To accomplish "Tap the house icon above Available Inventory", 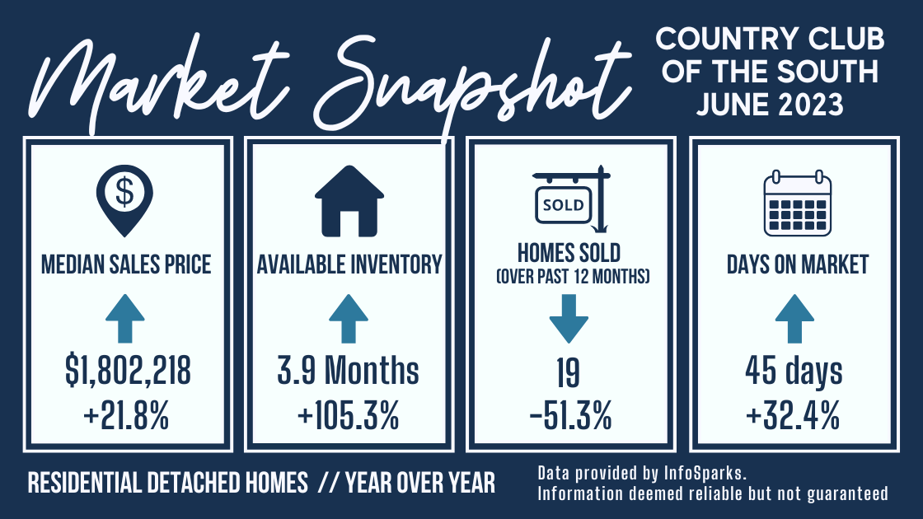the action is pyautogui.click(x=349, y=201).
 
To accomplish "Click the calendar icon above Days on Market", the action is pyautogui.click(x=798, y=203).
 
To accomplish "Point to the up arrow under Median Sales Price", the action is pyautogui.click(x=124, y=318).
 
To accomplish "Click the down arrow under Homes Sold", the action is pyautogui.click(x=569, y=319).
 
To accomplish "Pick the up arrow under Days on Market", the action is pyautogui.click(x=794, y=318).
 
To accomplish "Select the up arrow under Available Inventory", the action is pyautogui.click(x=349, y=318).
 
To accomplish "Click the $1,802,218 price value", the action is pyautogui.click(x=128, y=372).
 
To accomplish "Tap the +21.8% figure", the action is pyautogui.click(x=126, y=415).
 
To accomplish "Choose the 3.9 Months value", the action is pyautogui.click(x=348, y=371).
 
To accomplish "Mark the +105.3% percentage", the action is pyautogui.click(x=349, y=415).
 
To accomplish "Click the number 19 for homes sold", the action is pyautogui.click(x=568, y=372).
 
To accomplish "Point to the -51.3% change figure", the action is pyautogui.click(x=570, y=415).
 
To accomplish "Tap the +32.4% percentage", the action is pyautogui.click(x=792, y=415).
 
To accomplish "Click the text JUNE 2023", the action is pyautogui.click(x=770, y=105).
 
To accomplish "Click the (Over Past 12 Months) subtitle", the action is pyautogui.click(x=573, y=277).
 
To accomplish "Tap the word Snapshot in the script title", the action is pyautogui.click(x=471, y=82).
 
